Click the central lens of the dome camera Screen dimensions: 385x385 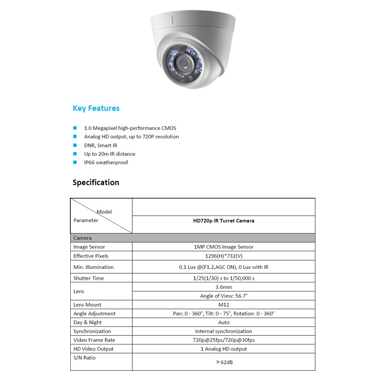point(184,61)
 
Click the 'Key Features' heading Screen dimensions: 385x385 point(96,108)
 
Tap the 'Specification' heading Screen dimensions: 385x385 point(95,182)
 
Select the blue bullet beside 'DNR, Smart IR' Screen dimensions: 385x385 point(75,145)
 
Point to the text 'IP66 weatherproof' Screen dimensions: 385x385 point(106,162)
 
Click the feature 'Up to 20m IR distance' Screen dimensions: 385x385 point(109,154)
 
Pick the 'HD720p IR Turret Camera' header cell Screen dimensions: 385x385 point(223,221)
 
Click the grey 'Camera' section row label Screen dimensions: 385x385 point(82,238)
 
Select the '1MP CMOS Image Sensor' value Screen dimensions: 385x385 point(223,247)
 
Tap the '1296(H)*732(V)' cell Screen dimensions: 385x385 point(223,256)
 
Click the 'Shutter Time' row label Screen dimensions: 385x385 point(88,278)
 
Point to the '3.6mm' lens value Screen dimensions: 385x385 point(223,287)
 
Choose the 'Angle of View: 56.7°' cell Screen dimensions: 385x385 point(223,296)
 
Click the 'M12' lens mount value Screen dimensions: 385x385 point(223,305)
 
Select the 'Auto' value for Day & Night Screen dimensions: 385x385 point(223,322)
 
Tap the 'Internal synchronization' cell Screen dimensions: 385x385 point(223,331)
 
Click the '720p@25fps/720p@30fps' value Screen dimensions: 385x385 point(223,340)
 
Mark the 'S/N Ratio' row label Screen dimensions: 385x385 point(84,358)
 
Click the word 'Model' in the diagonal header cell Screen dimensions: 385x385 point(104,212)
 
